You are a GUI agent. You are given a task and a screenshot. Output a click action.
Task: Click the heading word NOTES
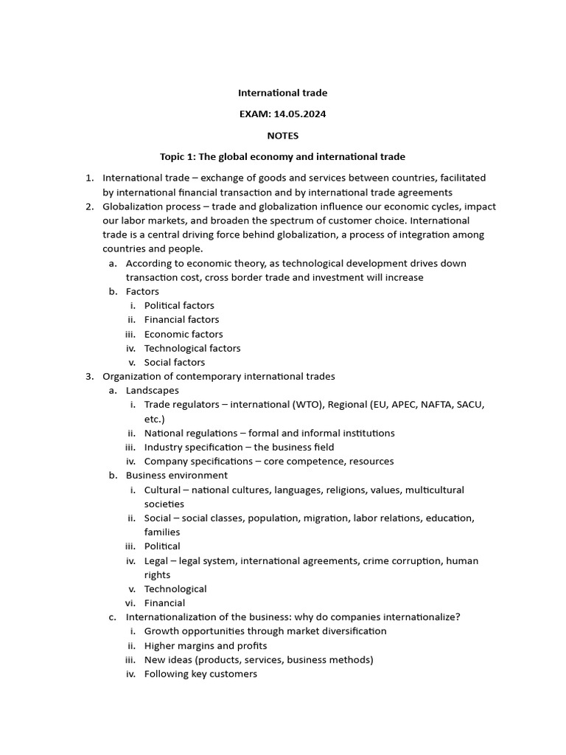pos(283,136)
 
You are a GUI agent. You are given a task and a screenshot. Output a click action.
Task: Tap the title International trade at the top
pos(283,93)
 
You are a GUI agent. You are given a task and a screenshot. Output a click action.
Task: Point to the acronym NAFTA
pos(436,405)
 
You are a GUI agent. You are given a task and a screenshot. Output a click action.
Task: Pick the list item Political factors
pos(179,305)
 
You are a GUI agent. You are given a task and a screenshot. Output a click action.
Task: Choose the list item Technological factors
pos(192,348)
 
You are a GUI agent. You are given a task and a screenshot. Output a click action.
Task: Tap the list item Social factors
pos(175,362)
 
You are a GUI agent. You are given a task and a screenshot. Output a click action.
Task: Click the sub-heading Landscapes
pos(152,391)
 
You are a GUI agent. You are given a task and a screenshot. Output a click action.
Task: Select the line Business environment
pos(177,476)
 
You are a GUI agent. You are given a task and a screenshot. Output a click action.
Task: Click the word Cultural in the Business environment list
pos(162,490)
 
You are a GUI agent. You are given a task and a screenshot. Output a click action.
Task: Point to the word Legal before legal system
pos(156,560)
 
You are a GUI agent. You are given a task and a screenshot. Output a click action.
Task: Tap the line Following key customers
pos(200,674)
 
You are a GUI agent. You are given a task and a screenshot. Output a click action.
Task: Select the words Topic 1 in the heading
pos(177,157)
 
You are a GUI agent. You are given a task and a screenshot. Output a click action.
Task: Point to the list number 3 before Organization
pos(88,377)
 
